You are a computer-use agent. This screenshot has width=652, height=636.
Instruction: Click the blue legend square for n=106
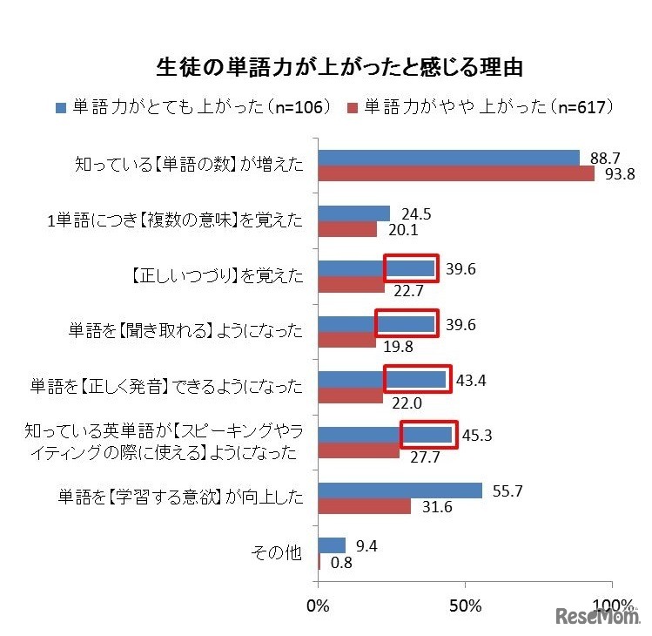coord(61,108)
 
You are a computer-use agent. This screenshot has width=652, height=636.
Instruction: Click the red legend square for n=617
coord(353,108)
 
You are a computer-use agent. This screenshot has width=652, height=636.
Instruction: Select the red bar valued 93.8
coord(456,173)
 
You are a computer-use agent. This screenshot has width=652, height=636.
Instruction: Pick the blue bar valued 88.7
coord(448,158)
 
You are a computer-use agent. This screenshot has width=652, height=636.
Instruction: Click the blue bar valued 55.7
coord(400,491)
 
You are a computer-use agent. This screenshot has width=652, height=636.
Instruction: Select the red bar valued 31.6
coord(364,507)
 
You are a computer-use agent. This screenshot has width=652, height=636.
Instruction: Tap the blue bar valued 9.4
coord(332,545)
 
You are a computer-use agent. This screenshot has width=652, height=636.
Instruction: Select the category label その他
coord(277,553)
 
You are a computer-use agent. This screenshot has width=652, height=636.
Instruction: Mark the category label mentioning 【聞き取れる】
coord(186,331)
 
